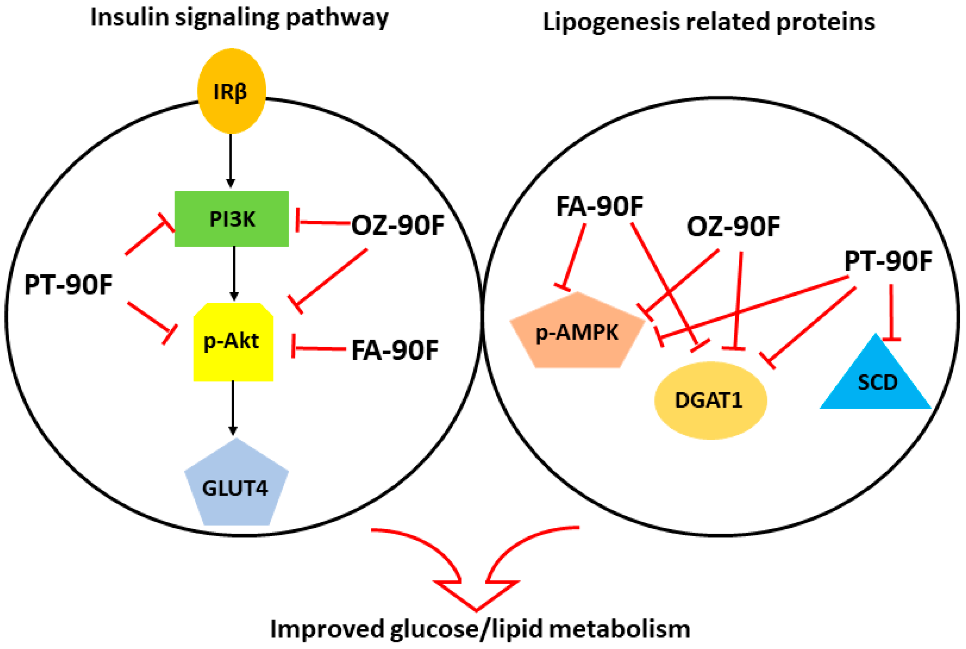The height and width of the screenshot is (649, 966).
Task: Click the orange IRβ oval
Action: coord(232,91)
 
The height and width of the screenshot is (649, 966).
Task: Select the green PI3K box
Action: coord(232,219)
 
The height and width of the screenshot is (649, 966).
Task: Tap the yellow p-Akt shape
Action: coord(233,342)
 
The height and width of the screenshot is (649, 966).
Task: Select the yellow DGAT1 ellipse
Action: coord(710,400)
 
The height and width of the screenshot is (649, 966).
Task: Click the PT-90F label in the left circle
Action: coord(68,284)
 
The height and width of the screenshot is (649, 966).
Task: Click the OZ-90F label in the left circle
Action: coord(398,226)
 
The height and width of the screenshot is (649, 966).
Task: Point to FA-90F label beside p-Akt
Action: coord(395,350)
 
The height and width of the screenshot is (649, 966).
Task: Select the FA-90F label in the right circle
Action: coord(599,206)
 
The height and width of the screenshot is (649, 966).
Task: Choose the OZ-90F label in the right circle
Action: coord(733,227)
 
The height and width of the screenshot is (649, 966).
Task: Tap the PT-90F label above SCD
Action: coord(888,261)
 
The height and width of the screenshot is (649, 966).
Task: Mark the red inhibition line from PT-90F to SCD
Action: coord(891,312)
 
